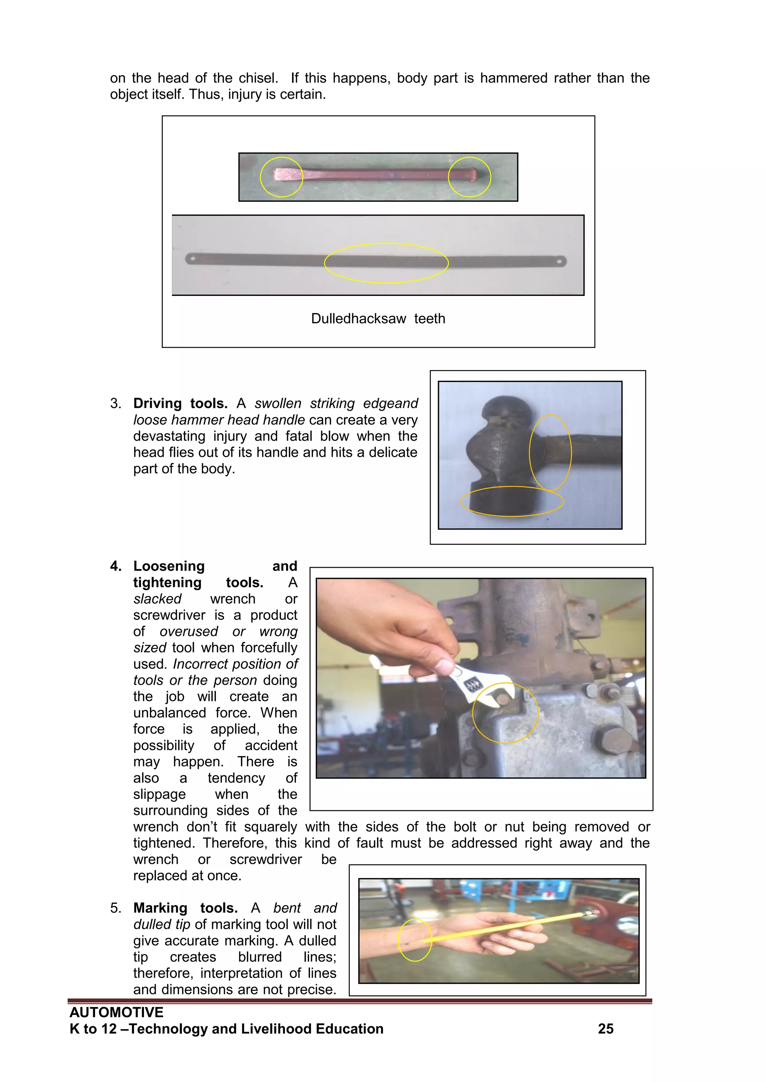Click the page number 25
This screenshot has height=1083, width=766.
[x=606, y=1029]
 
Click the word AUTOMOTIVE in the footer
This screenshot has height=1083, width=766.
[x=116, y=1012]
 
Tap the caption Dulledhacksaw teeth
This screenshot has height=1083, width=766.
[x=378, y=319]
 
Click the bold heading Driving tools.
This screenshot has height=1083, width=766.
[x=180, y=403]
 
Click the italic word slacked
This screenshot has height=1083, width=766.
[x=157, y=599]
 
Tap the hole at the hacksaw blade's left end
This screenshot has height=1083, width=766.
[x=193, y=258]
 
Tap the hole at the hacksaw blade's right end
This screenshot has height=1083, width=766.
[x=560, y=260]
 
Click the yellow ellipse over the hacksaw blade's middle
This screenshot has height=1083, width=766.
[x=386, y=244]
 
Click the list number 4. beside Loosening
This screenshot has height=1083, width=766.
[x=116, y=566]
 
